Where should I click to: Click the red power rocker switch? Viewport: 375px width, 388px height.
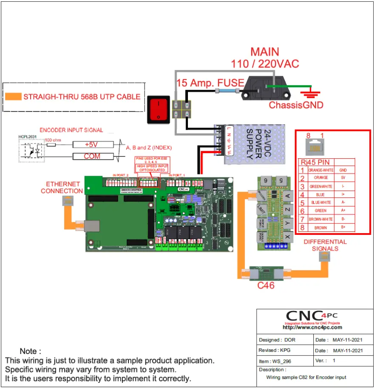point(159,109)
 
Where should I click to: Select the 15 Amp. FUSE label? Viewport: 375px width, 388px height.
point(210,83)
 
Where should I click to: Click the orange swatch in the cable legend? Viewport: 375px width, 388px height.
point(13,97)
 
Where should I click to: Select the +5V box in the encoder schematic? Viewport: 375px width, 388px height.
point(92,145)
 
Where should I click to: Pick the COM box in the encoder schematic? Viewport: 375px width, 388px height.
point(92,157)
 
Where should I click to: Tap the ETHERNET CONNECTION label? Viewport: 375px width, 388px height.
point(62,188)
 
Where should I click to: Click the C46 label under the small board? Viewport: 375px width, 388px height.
point(266,285)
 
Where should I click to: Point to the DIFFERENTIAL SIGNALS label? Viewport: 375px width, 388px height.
point(325,245)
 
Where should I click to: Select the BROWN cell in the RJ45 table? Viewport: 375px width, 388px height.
point(321,228)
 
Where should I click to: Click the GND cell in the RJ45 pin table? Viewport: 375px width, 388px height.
point(344,170)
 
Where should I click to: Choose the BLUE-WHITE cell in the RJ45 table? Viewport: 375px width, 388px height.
point(321,203)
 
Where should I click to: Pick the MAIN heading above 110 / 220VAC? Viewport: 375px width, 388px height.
point(265,52)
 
